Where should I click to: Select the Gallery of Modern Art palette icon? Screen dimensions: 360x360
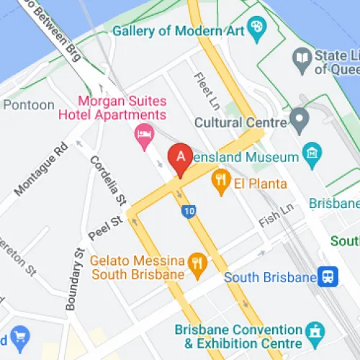pyautogui.click(x=257, y=27)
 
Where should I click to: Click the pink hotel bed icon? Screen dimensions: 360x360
pyautogui.click(x=145, y=134)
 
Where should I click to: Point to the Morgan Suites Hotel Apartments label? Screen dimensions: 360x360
pyautogui.click(x=122, y=107)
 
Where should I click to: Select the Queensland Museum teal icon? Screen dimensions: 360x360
pyautogui.click(x=311, y=153)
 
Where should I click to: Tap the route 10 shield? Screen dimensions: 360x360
pyautogui.click(x=189, y=212)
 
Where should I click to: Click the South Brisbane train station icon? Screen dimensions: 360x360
pyautogui.click(x=329, y=277)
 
